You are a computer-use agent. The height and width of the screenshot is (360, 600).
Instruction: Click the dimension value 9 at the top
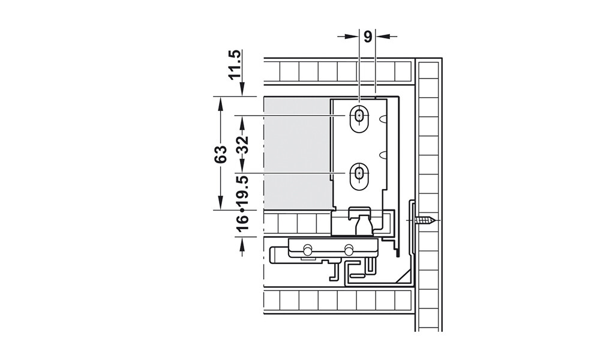pos(367,37)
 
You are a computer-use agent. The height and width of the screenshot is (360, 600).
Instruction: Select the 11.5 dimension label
pos(235,64)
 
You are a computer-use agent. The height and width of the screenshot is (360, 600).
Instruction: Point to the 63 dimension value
pos(220,154)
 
